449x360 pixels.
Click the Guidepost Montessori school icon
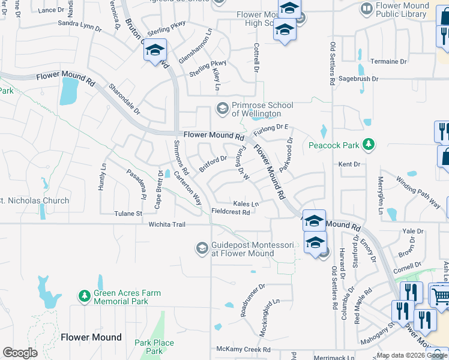tap(202, 248)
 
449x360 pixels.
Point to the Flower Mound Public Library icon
tap(366, 8)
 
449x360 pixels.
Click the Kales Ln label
tap(246, 204)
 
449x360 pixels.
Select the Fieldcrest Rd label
tap(231, 212)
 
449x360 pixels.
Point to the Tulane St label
tap(128, 214)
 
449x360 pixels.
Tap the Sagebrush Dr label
tap(358, 79)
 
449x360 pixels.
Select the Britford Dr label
tap(213, 163)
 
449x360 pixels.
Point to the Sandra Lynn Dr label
tap(79, 26)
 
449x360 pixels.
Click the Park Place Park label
tap(154, 347)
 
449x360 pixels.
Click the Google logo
tap(20, 353)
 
